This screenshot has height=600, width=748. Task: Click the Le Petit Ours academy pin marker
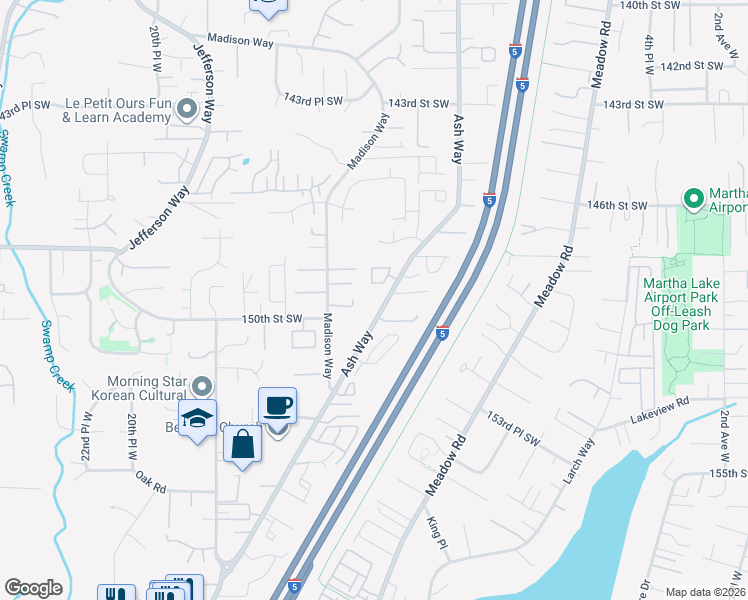pyautogui.click(x=186, y=108)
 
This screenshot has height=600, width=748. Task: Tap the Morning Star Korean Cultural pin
pyautogui.click(x=202, y=386)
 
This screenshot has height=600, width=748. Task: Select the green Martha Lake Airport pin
pyautogui.click(x=692, y=199)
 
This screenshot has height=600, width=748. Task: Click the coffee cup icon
pyautogui.click(x=277, y=406)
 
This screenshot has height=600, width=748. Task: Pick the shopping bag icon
pyautogui.click(x=242, y=443)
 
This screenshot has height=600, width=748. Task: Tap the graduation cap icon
pyautogui.click(x=198, y=418)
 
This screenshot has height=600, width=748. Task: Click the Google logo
pyautogui.click(x=33, y=588)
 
